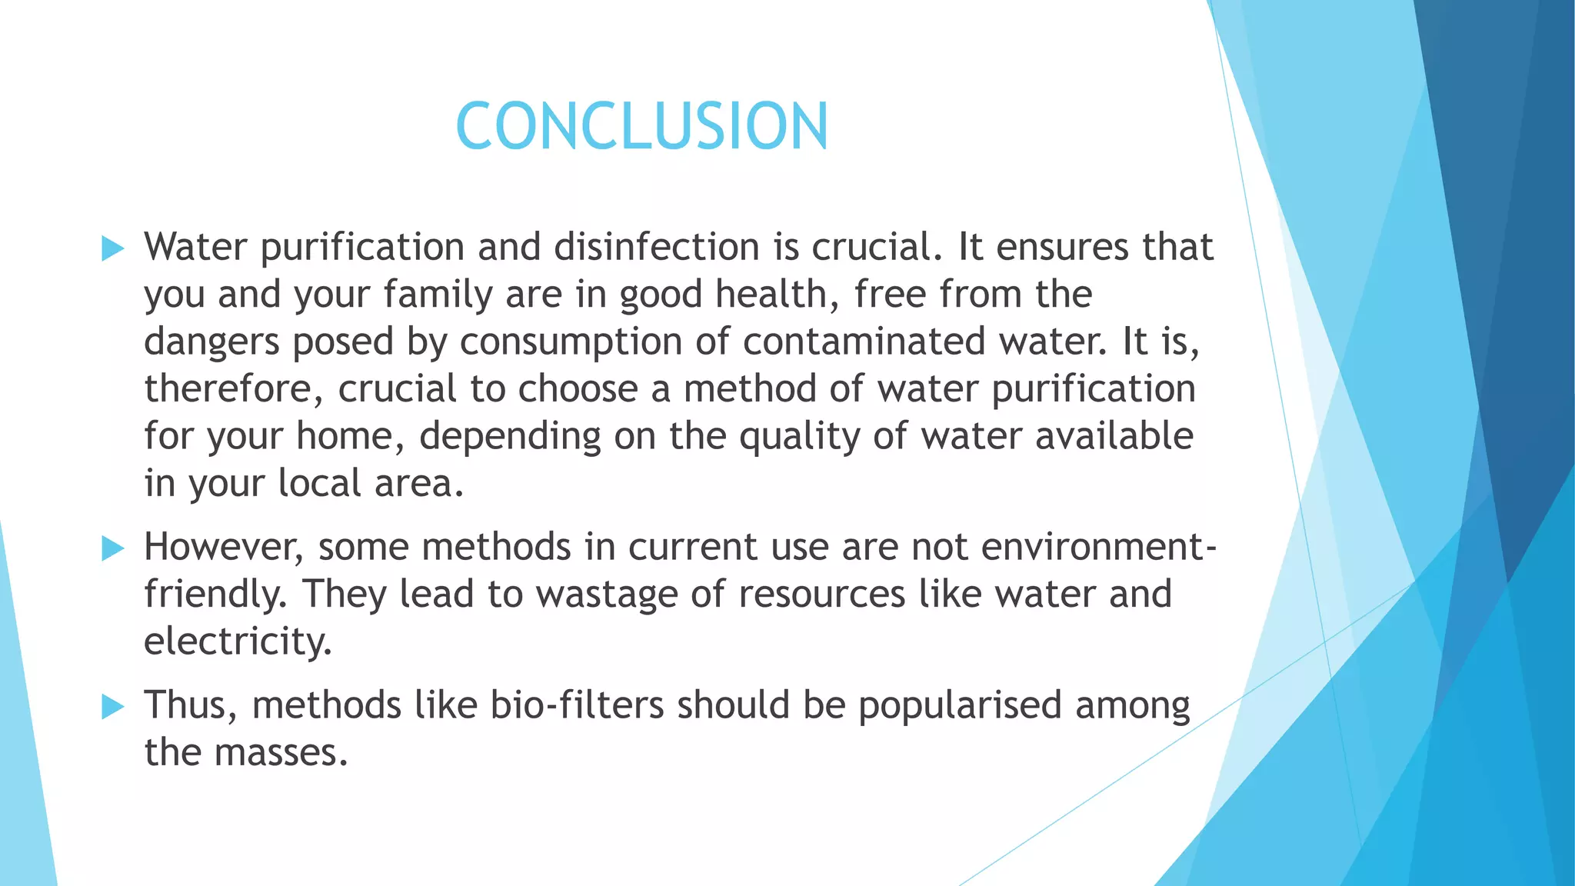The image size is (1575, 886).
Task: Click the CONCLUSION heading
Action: (x=642, y=126)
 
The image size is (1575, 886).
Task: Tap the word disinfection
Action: (x=657, y=247)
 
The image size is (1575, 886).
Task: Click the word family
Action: (x=438, y=295)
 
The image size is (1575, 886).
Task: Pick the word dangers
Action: (x=211, y=342)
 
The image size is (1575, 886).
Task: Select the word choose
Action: (x=578, y=389)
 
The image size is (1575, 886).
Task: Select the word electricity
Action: (x=238, y=641)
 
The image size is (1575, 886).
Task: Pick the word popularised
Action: (x=960, y=705)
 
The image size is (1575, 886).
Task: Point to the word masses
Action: (x=281, y=752)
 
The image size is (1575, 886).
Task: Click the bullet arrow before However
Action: (x=112, y=548)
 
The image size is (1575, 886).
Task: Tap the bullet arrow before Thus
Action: (x=112, y=706)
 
